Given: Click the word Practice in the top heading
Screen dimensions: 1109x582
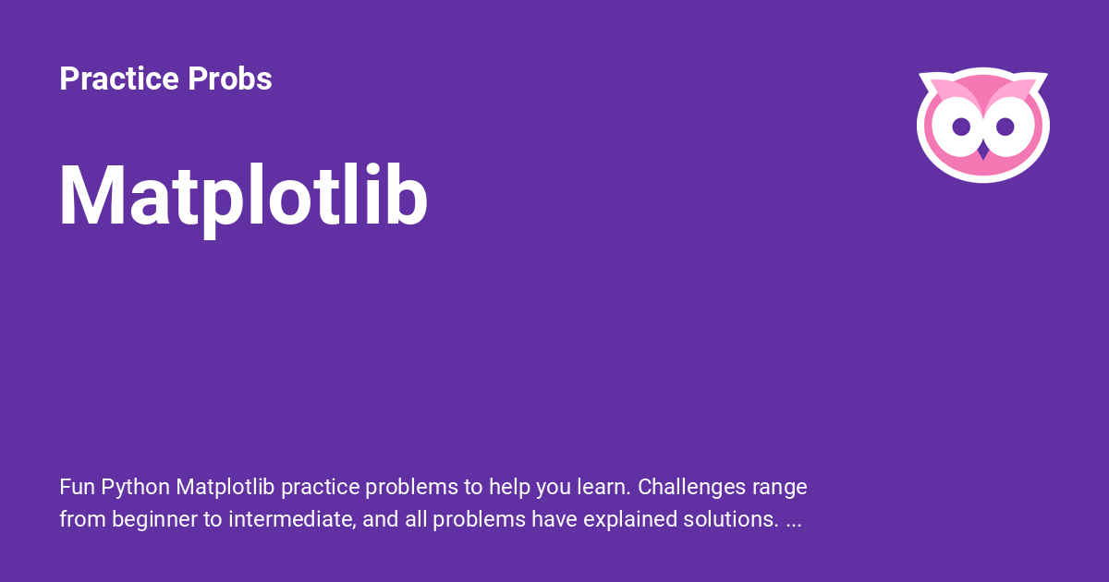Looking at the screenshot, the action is (x=119, y=79).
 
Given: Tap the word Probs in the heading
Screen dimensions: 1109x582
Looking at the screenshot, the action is (x=230, y=79).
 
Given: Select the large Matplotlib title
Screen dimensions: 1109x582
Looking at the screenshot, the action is (x=243, y=197).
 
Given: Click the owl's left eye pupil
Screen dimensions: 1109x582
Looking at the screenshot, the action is (x=961, y=127).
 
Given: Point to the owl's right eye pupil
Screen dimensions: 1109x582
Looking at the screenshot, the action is (x=1005, y=127).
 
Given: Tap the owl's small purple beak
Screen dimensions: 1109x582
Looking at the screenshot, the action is (x=983, y=152).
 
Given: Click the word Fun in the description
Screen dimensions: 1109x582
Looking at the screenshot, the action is (x=77, y=487).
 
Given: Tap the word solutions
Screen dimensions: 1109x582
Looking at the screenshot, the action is (x=731, y=519).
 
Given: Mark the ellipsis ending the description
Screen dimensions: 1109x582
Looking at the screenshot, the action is (x=794, y=526).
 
